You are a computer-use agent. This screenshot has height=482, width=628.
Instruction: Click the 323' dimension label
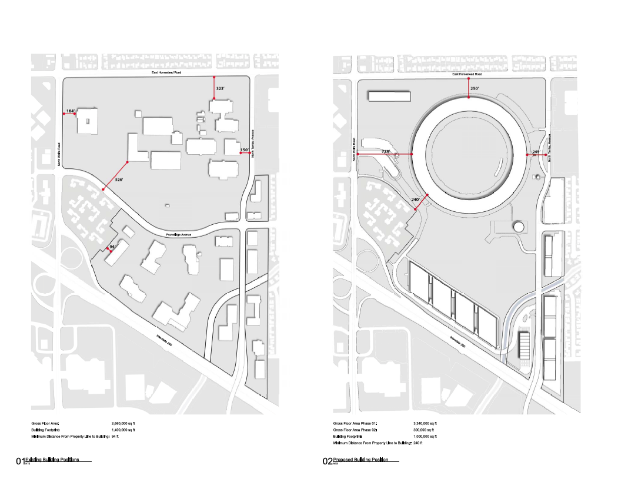pyautogui.click(x=221, y=88)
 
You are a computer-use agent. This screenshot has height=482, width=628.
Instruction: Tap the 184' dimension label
pyautogui.click(x=70, y=111)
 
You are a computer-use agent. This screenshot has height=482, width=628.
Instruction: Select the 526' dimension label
pyautogui.click(x=119, y=179)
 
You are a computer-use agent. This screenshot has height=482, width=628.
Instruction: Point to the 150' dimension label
pyautogui.click(x=244, y=150)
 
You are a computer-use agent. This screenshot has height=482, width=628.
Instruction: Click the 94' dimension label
pyautogui.click(x=113, y=247)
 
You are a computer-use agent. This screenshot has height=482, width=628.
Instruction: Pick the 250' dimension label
pyautogui.click(x=475, y=88)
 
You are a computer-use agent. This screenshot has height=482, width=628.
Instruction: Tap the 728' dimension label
pyautogui.click(x=386, y=151)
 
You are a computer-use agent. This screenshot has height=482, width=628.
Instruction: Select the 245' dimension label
pyautogui.click(x=536, y=152)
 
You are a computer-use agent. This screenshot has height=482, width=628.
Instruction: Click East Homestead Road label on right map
pyautogui.click(x=467, y=74)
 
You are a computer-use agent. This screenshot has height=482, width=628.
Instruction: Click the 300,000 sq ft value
pyautogui.click(x=423, y=430)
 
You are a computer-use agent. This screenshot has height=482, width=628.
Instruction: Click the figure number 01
pyautogui.click(x=21, y=462)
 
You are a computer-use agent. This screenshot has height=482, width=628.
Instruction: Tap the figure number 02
pyautogui.click(x=328, y=462)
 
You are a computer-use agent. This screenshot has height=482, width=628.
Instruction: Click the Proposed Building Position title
pyautogui.click(x=360, y=460)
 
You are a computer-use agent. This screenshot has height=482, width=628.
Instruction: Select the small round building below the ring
pyautogui.click(x=518, y=226)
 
